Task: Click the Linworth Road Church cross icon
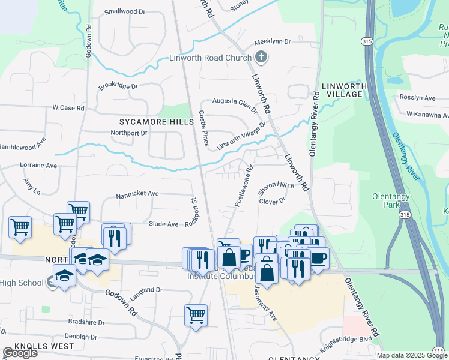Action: (x=261, y=58)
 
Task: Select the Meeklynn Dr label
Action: (x=272, y=42)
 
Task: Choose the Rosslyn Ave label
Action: (x=421, y=98)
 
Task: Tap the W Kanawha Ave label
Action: (x=427, y=113)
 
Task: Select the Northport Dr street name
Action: (x=129, y=133)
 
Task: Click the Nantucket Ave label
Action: (x=137, y=194)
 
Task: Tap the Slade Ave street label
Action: (x=164, y=224)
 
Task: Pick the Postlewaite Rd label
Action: (x=244, y=186)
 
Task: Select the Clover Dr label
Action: (x=271, y=201)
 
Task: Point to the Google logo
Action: (x=20, y=353)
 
